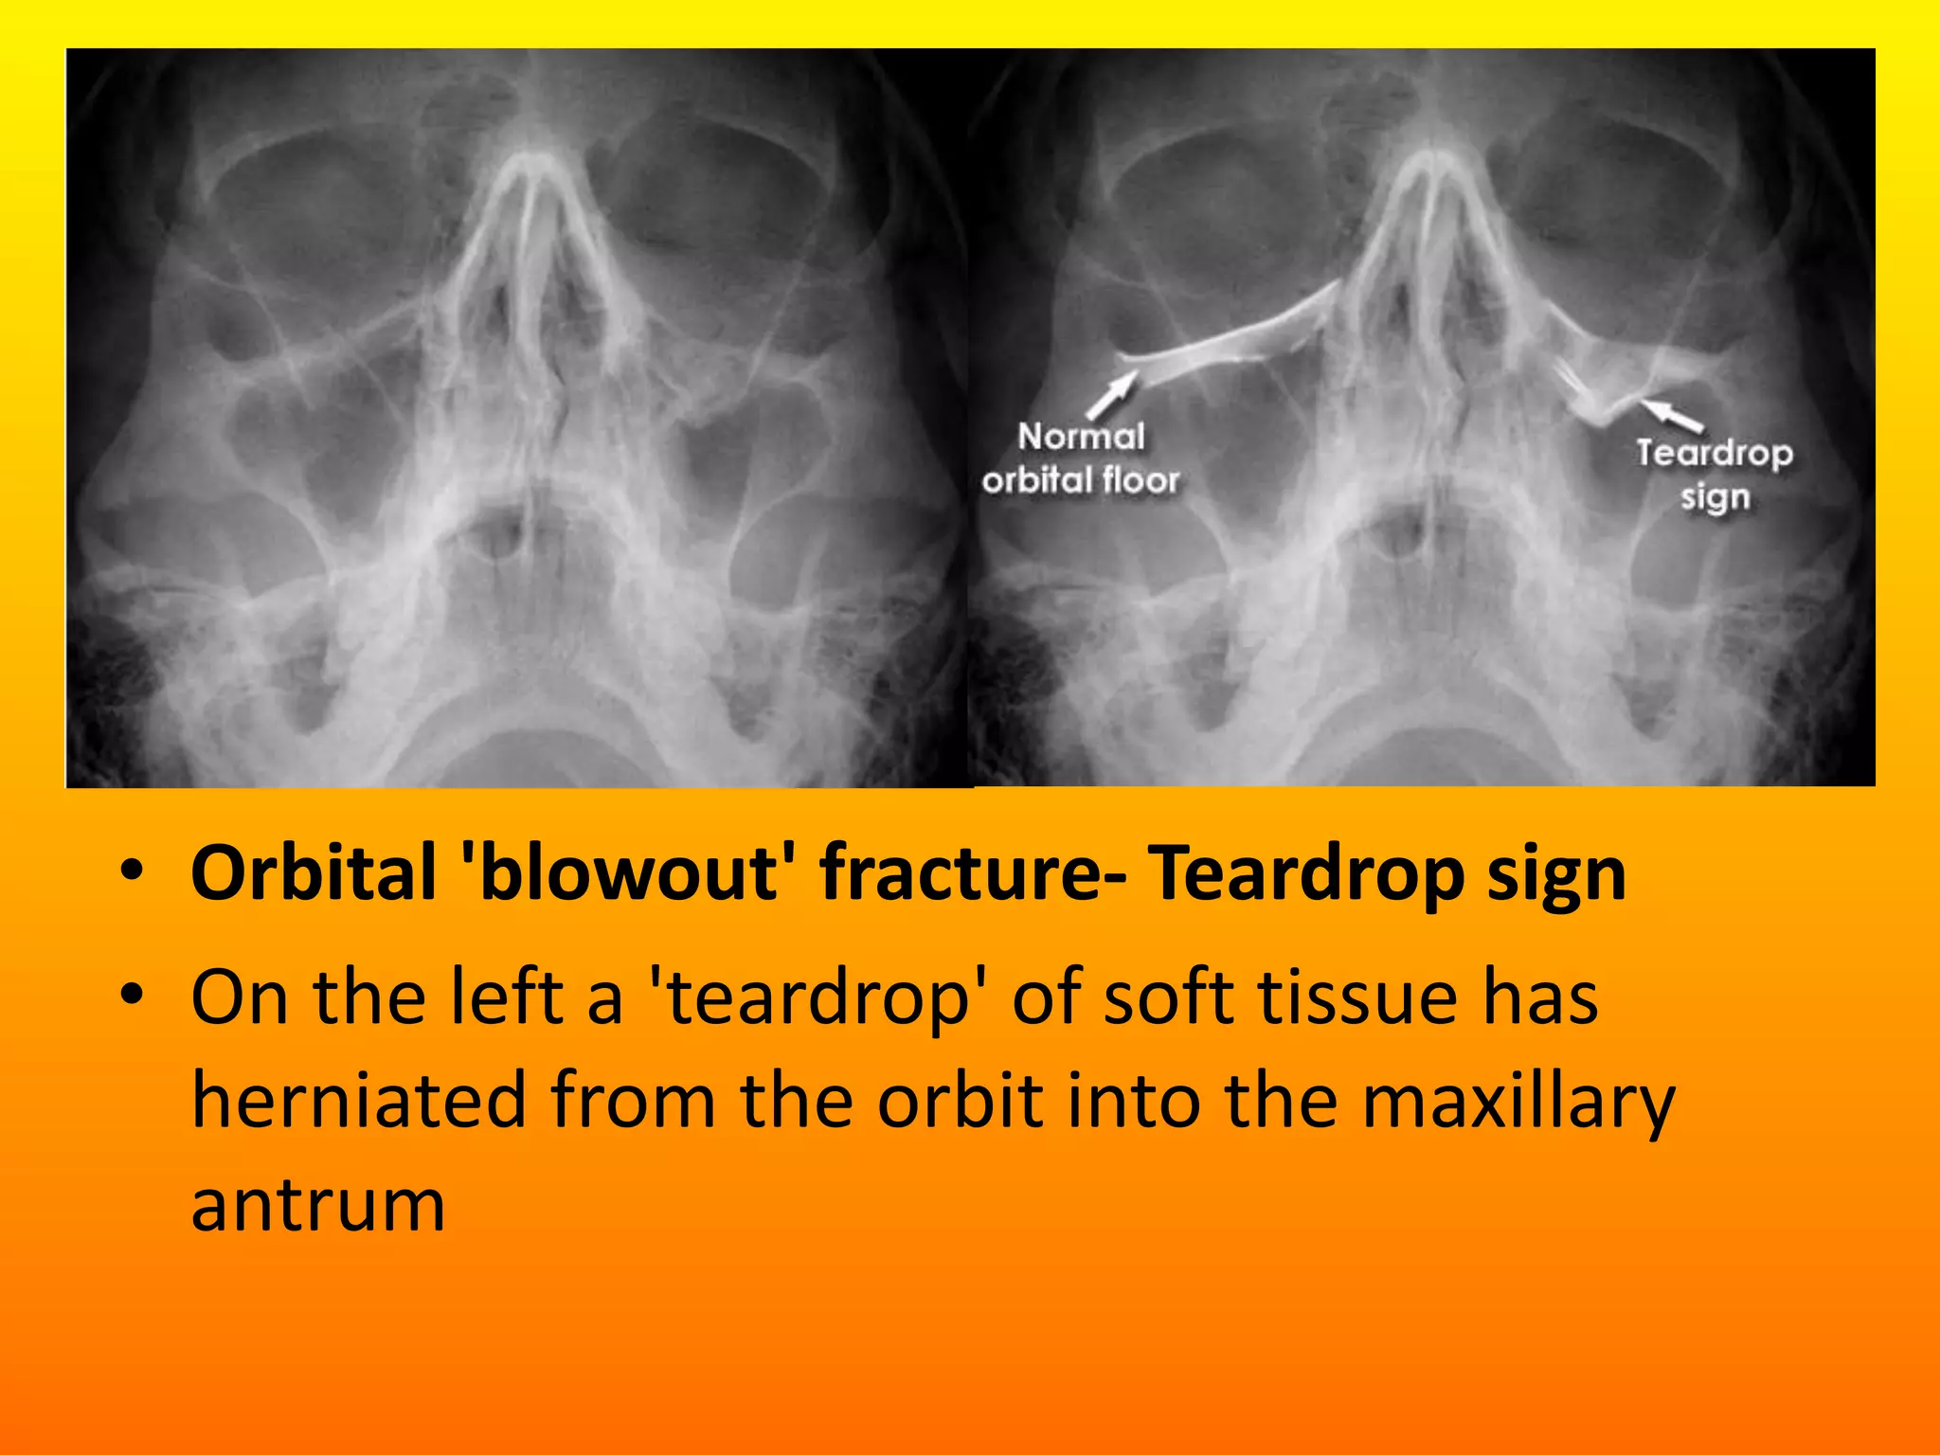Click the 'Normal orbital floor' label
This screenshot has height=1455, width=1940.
[x=1081, y=458]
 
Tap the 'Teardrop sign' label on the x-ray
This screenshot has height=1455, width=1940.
[x=1715, y=474]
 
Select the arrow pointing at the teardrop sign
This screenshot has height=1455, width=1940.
[x=1672, y=414]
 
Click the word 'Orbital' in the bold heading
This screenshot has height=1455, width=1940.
[x=314, y=872]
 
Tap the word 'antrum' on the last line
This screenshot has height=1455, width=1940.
[x=318, y=1205]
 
